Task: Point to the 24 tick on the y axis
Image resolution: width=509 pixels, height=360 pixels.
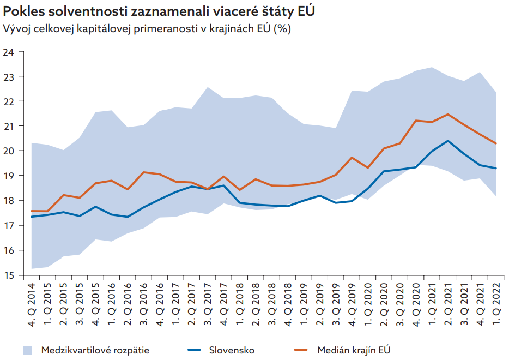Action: [x=9, y=52]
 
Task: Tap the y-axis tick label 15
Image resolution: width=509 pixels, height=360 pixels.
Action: [x=9, y=275]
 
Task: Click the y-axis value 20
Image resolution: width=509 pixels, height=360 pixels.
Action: [x=9, y=151]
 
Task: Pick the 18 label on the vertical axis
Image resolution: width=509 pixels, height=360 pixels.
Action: [x=9, y=201]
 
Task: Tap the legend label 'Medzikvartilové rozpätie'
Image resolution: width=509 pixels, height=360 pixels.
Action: [x=95, y=350]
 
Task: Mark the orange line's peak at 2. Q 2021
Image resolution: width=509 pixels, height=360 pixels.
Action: [x=447, y=114]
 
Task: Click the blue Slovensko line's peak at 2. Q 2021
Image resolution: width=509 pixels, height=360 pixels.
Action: [x=447, y=141]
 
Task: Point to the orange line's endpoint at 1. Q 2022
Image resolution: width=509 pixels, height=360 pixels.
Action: [x=495, y=143]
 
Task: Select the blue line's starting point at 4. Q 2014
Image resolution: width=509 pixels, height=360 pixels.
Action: [x=31, y=217]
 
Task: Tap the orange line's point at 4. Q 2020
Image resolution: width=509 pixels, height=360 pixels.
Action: [x=415, y=121]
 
